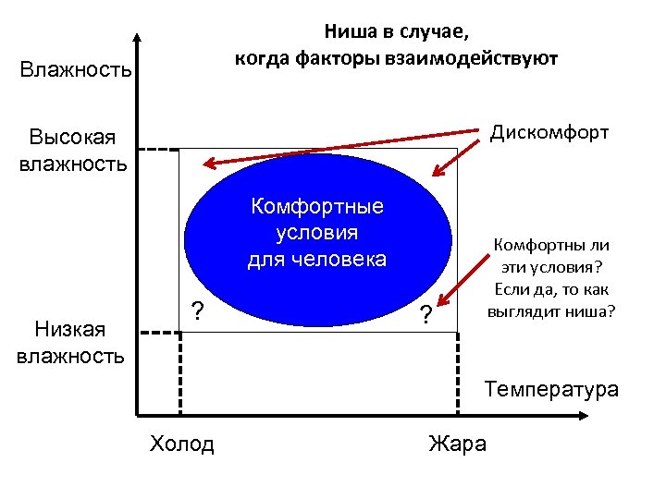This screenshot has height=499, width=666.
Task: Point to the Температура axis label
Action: click(551, 389)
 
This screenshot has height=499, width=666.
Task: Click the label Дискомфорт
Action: click(549, 132)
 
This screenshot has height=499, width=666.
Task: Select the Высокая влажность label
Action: click(71, 151)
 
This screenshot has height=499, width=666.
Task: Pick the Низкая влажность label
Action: click(70, 341)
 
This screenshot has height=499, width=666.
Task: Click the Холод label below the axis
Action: click(181, 444)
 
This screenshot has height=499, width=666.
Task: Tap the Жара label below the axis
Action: click(457, 444)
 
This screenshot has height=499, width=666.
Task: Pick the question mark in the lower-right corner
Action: click(425, 314)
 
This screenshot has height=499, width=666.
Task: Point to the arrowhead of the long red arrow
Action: click(208, 164)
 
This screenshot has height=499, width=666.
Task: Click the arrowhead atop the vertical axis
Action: click(137, 40)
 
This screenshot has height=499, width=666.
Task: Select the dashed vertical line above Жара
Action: click(459, 374)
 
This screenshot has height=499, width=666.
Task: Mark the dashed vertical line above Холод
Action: click(179, 374)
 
